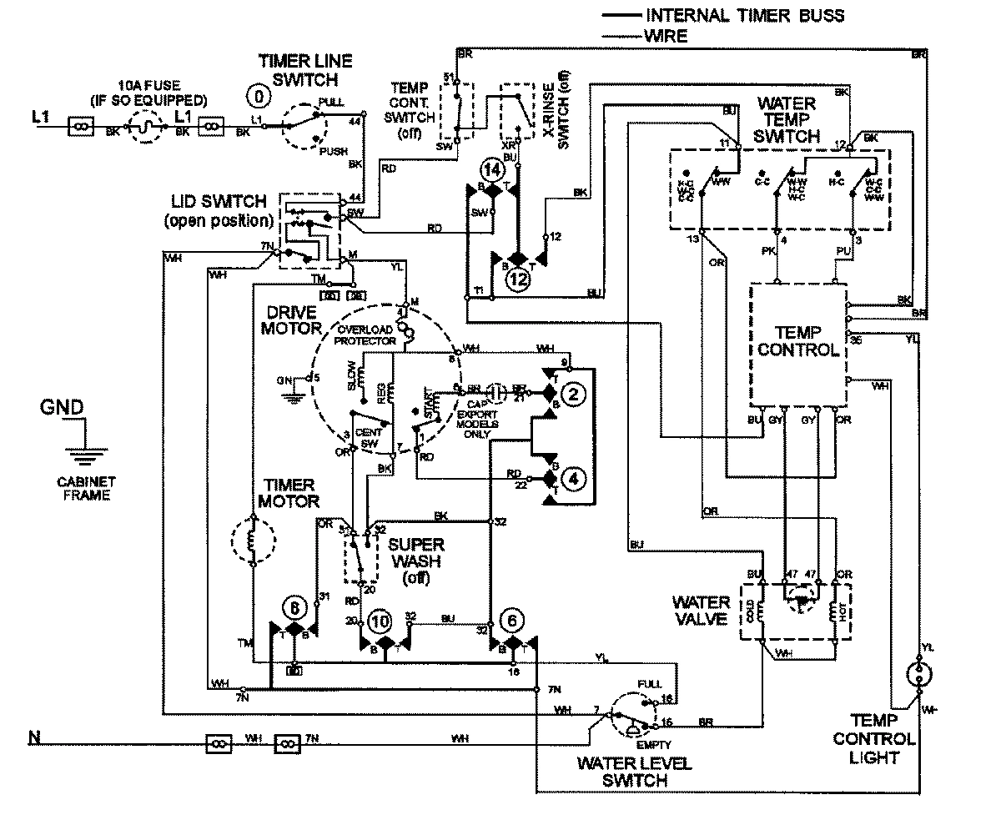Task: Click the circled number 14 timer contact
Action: [x=492, y=170]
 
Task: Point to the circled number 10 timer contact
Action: [x=380, y=620]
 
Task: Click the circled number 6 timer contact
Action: [x=511, y=620]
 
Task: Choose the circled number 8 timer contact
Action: [x=293, y=608]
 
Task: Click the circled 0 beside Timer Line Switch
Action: [x=260, y=97]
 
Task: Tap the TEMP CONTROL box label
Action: [x=797, y=340]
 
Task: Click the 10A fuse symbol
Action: [x=147, y=127]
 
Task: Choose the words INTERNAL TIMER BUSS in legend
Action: [x=745, y=16]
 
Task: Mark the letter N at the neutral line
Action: [x=34, y=737]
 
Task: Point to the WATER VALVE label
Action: [x=702, y=610]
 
